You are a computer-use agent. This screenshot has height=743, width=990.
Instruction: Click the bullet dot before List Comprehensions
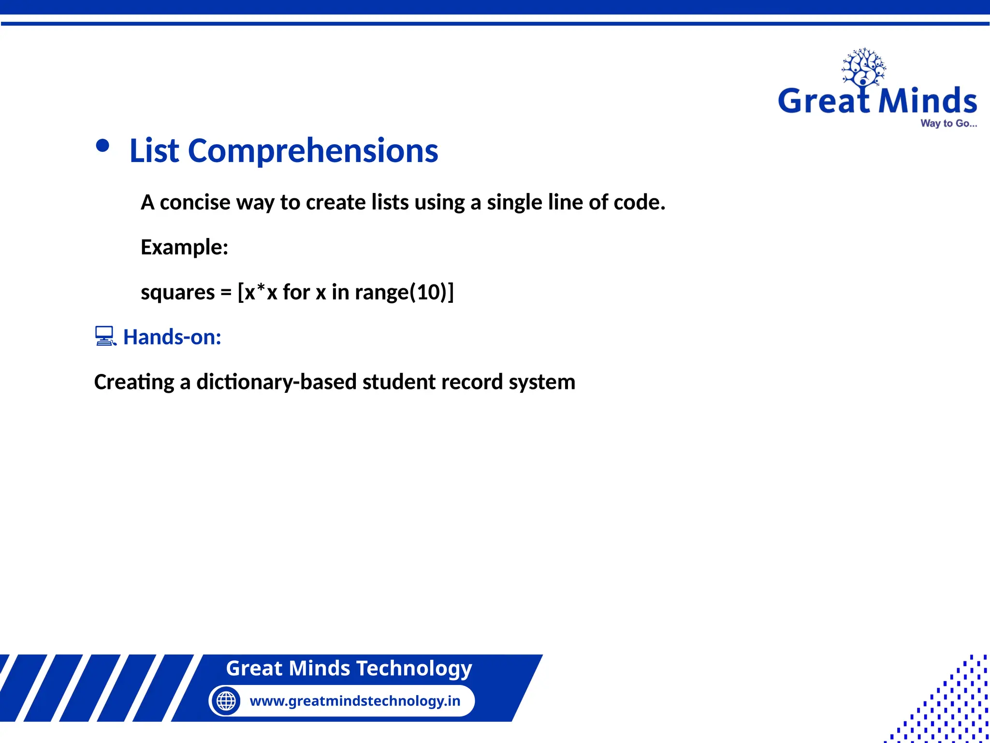point(102,146)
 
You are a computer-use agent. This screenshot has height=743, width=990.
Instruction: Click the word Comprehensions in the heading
point(313,151)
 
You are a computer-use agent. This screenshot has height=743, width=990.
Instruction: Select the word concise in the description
point(195,202)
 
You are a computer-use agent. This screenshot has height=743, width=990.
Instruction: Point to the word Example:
point(184,247)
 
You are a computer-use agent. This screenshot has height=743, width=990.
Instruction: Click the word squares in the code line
point(177,292)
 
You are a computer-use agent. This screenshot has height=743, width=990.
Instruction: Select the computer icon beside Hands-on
point(105,336)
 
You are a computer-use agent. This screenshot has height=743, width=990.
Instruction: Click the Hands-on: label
point(172,337)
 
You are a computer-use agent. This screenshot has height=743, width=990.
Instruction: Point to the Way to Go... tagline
point(948,123)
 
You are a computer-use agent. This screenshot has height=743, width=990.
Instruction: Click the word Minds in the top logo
point(927,101)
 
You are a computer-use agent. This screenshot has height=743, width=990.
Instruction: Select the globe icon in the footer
point(226,700)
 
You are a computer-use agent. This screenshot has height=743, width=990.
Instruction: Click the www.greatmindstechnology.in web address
point(355,700)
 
